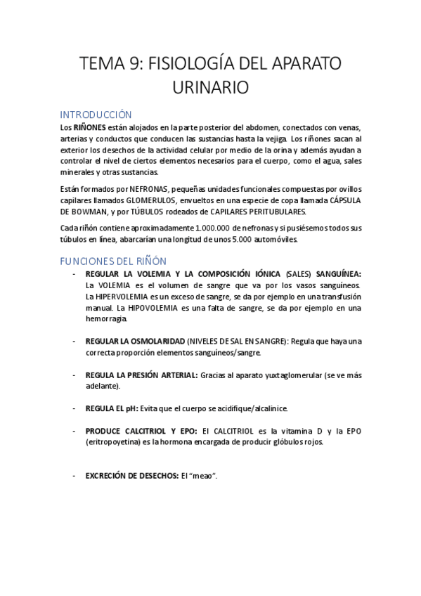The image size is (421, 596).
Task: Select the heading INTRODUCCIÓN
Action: [96, 114]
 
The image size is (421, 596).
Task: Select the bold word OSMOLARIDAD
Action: [157, 341]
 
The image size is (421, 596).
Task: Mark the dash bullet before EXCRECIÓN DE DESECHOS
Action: [75, 476]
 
